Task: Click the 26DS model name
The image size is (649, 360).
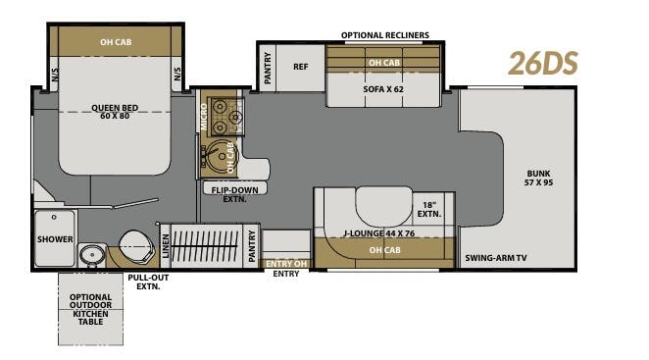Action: [x=542, y=62]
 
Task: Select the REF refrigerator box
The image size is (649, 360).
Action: [x=301, y=67]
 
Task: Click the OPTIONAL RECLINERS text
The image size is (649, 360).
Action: [x=384, y=35]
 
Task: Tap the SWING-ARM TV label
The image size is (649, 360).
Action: [x=495, y=257]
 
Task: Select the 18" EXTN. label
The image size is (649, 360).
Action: [x=428, y=208]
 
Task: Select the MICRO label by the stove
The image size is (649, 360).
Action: [x=203, y=117]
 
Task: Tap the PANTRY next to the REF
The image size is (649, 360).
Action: [x=267, y=67]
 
